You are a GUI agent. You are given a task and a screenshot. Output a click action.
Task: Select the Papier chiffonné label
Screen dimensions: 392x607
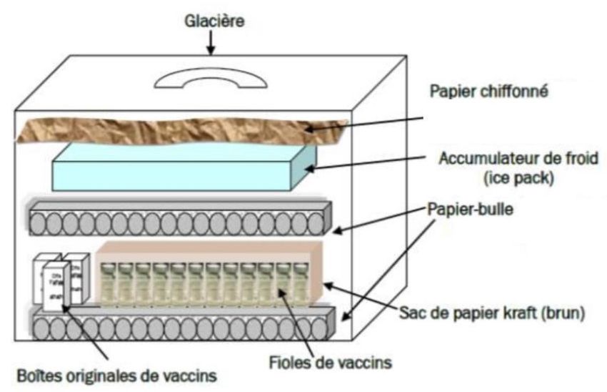[490, 92]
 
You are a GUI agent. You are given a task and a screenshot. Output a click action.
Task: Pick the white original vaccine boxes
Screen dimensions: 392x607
[60, 283]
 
